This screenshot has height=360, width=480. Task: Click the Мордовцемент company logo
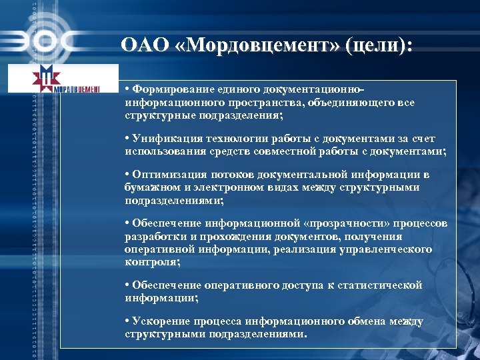[x=62, y=79]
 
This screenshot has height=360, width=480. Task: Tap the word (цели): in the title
[x=378, y=46]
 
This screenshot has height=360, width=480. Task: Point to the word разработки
[x=152, y=236]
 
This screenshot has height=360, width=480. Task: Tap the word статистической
[x=383, y=285]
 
